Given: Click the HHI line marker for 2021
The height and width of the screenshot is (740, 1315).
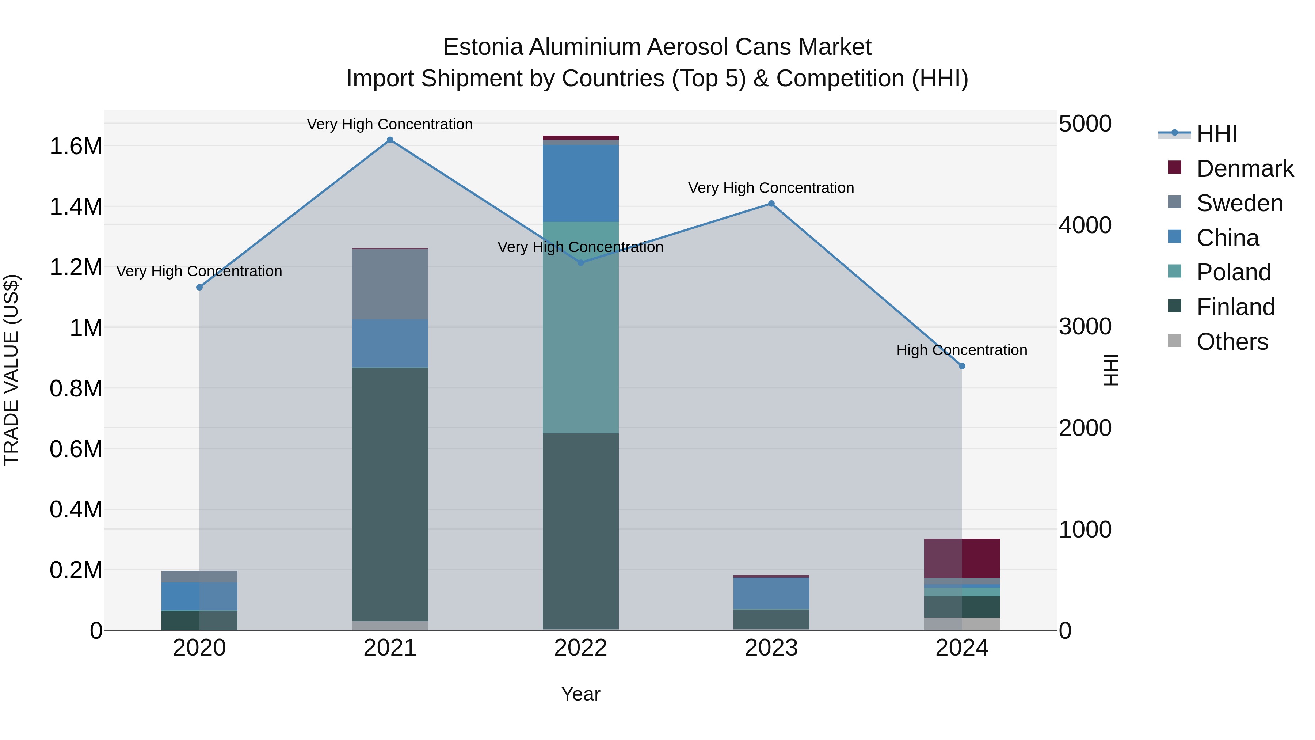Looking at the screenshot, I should pyautogui.click(x=390, y=140).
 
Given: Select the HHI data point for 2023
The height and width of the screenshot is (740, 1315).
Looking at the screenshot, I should pyautogui.click(x=771, y=204).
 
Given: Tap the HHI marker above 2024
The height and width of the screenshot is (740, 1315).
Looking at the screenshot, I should pyautogui.click(x=962, y=366).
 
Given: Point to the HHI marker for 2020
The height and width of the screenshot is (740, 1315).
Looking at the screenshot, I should pyautogui.click(x=199, y=288).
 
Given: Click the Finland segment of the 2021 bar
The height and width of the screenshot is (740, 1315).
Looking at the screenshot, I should pyautogui.click(x=390, y=494).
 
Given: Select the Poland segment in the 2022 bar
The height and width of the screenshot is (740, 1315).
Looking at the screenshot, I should pyautogui.click(x=580, y=327).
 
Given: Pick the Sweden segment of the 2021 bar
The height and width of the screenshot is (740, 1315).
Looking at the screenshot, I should pyautogui.click(x=390, y=284).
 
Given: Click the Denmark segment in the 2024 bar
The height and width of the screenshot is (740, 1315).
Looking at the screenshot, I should pyautogui.click(x=962, y=558).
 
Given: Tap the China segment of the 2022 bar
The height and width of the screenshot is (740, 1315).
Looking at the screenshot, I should pyautogui.click(x=580, y=183).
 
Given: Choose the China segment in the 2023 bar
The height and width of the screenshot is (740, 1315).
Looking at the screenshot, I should pyautogui.click(x=771, y=593).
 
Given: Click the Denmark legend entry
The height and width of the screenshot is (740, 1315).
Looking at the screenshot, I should pyautogui.click(x=1245, y=168).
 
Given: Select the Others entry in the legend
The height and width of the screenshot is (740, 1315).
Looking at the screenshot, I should pyautogui.click(x=1232, y=342).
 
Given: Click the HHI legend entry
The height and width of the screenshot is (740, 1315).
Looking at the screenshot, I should pyautogui.click(x=1216, y=134).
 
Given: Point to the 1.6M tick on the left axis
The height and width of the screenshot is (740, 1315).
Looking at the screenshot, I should pyautogui.click(x=76, y=147).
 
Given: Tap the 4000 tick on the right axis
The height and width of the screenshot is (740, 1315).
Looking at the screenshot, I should pyautogui.click(x=1085, y=225).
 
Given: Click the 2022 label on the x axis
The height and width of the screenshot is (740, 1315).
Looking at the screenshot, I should pyautogui.click(x=580, y=648).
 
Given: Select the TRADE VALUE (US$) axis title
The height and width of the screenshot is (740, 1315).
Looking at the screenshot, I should pyautogui.click(x=11, y=370).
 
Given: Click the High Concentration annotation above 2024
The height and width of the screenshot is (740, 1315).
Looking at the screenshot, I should pyautogui.click(x=962, y=350).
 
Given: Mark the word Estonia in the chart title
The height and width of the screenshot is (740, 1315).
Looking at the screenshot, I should pyautogui.click(x=483, y=47).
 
